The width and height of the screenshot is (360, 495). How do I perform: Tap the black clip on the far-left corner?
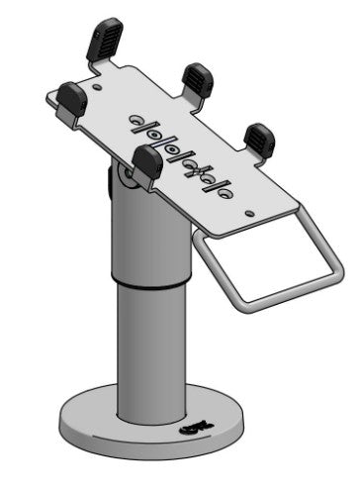pyautogui.click(x=71, y=96)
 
